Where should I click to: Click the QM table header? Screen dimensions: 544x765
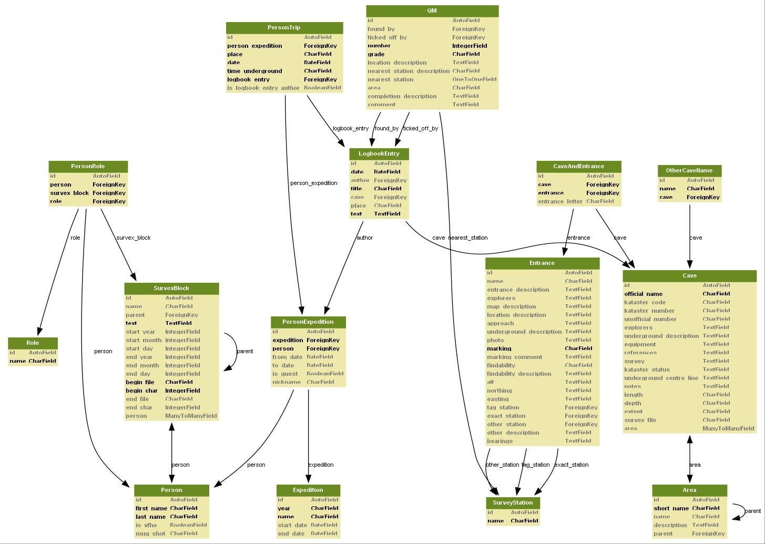(x=432, y=11)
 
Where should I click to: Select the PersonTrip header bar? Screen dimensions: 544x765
(x=284, y=27)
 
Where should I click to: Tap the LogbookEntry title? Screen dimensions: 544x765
(x=379, y=153)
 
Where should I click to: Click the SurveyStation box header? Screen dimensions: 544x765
(x=513, y=502)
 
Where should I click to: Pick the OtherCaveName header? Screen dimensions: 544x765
(x=689, y=170)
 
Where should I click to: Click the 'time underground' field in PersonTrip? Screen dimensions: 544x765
(x=254, y=71)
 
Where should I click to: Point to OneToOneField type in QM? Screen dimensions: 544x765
(x=474, y=79)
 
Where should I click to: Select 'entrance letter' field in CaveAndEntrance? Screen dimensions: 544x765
(x=560, y=201)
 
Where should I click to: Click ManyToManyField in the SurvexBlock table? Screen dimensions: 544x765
(x=191, y=416)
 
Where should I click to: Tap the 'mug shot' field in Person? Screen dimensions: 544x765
(x=150, y=533)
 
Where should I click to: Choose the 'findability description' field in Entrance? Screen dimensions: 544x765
(x=519, y=374)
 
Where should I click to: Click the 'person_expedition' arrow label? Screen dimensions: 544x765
(x=314, y=183)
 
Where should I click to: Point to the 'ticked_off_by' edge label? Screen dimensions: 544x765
(x=421, y=128)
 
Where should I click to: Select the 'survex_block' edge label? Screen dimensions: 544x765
(x=134, y=238)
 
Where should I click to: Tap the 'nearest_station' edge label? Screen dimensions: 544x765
(x=468, y=238)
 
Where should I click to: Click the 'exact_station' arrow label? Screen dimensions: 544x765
(x=572, y=465)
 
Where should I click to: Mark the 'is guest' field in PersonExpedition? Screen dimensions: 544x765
(x=285, y=374)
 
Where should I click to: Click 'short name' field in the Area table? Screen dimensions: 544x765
(x=671, y=508)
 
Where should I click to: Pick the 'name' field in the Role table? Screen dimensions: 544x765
(x=17, y=361)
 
